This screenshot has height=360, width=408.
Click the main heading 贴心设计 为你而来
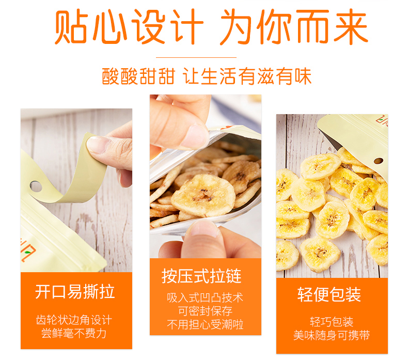tap(211, 26)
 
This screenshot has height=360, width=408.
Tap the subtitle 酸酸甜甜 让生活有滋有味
tap(207, 76)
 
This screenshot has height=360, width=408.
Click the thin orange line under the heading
tap(196, 57)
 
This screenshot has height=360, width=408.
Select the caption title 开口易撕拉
tap(75, 292)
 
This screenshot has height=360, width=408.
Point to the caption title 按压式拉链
tap(201, 276)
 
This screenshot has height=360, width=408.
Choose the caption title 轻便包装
tap(329, 295)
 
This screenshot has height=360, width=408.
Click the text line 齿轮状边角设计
tap(74, 320)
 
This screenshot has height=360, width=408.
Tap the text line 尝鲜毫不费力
tap(74, 334)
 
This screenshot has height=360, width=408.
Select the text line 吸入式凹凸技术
tap(205, 298)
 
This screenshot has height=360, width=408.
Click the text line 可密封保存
tap(205, 311)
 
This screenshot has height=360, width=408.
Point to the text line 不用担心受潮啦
tap(205, 324)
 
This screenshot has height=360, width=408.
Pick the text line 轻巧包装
tap(332, 322)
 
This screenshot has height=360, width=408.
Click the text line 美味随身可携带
tap(332, 335)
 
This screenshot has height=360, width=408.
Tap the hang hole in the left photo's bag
tap(36, 186)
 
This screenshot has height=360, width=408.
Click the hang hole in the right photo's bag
tap(379, 161)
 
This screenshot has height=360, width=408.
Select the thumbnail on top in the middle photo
tap(195, 135)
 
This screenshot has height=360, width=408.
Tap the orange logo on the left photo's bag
tap(28, 251)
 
